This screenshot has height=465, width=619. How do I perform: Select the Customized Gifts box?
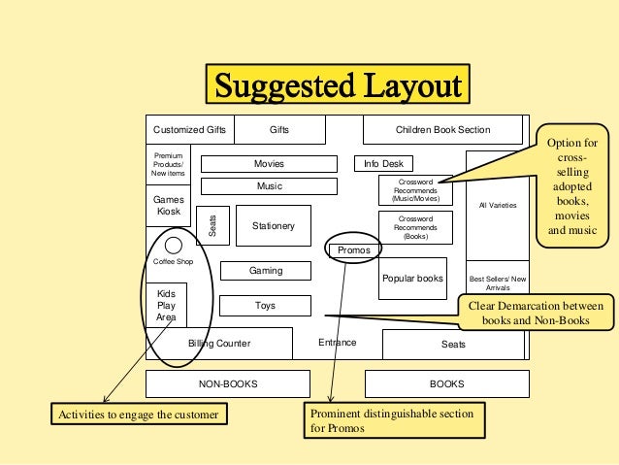[x=190, y=129]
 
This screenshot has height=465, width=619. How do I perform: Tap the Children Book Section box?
[x=442, y=129]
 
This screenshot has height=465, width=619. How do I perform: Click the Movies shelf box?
[x=269, y=164]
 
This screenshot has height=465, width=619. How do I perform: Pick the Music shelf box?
[x=269, y=185]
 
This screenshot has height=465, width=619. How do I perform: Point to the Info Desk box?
[x=384, y=164]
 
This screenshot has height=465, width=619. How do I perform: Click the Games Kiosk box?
[x=169, y=205]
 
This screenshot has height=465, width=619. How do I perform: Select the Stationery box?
[x=273, y=226]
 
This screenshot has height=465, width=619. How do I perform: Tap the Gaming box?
[x=266, y=271]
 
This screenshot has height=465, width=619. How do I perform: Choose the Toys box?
[x=265, y=306]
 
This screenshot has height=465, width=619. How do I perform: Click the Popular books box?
[x=412, y=278]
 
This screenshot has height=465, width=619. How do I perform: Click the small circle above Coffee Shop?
[x=173, y=245]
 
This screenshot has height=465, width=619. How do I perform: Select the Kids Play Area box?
[x=166, y=305]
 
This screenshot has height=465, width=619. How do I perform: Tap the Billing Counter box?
[x=219, y=344]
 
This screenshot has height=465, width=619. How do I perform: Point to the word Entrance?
[x=338, y=343]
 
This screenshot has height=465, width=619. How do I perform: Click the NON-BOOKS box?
[x=228, y=384]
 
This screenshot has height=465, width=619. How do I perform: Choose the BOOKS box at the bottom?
[x=447, y=384]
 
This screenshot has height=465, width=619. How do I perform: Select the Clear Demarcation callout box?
[x=535, y=312]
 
